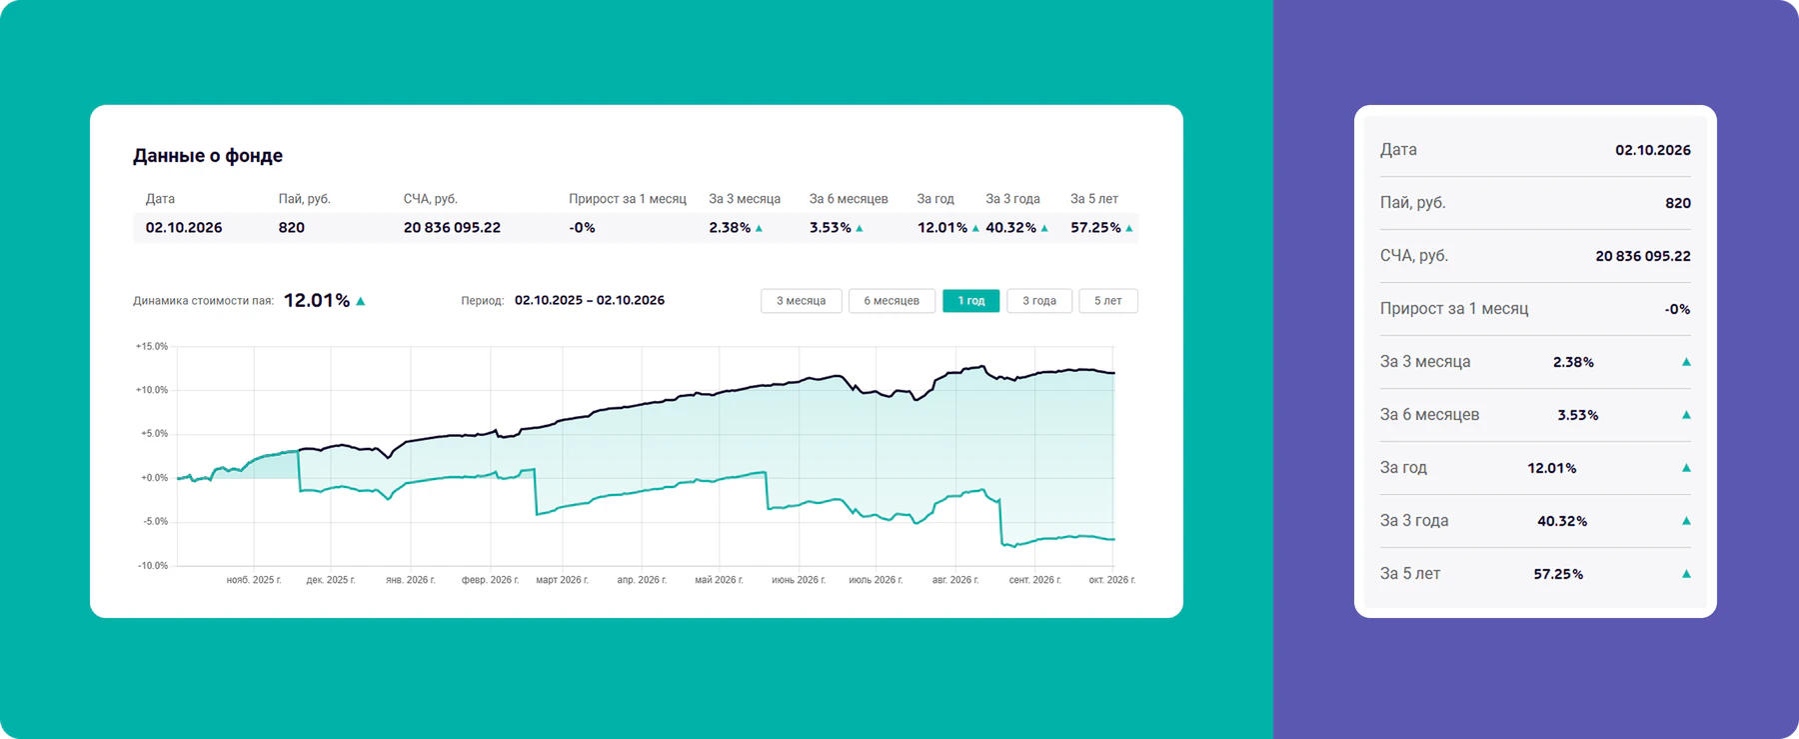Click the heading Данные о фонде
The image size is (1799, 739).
[208, 156]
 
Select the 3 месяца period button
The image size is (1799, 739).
[802, 301]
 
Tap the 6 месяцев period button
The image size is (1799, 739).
[892, 301]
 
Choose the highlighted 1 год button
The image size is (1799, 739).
[971, 301]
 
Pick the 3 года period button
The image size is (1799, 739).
[1039, 301]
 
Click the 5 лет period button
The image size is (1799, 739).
[1108, 301]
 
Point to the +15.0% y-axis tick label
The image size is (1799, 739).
[152, 346]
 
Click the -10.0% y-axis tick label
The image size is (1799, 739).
[153, 566]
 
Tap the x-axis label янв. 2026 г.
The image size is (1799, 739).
[411, 580]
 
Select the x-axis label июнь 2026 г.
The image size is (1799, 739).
[799, 580]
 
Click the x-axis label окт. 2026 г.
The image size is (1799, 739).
[1112, 580]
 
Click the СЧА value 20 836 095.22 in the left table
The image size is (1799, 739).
[452, 228]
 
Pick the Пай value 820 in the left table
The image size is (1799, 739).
[292, 228]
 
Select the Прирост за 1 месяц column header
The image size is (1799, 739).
[628, 199]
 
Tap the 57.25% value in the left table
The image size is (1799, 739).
[1095, 228]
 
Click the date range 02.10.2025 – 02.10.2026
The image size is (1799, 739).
[590, 300]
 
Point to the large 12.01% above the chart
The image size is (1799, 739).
[317, 300]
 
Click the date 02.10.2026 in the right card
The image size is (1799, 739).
[1653, 150]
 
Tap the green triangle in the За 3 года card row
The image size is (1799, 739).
[1686, 521]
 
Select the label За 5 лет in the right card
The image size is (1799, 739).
[1410, 574]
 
